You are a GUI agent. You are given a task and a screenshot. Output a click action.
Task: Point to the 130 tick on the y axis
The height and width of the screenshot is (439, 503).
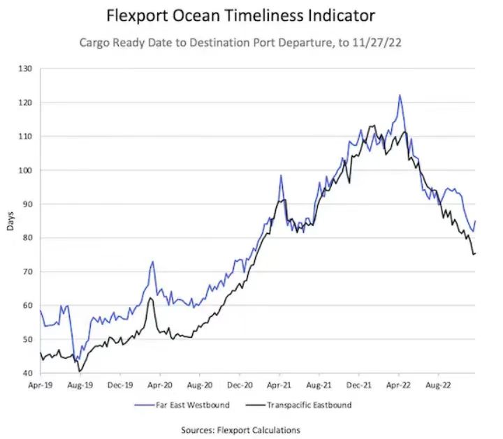pyautogui.click(x=27, y=68)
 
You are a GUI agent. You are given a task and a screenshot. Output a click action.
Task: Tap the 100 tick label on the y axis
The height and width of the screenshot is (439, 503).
pyautogui.click(x=27, y=170)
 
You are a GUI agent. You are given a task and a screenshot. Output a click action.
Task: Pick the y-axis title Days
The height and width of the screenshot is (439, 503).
pyautogui.click(x=10, y=221)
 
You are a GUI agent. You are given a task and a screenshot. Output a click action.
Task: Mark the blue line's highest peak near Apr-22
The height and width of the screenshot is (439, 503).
pyautogui.click(x=400, y=95)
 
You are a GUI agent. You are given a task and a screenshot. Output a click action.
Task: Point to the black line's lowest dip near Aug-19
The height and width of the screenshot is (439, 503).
pyautogui.click(x=80, y=371)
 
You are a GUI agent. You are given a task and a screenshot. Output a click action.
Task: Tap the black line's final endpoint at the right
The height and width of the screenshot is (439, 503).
pyautogui.click(x=475, y=253)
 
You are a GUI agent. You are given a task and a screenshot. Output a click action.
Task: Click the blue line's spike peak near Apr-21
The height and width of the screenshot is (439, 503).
pyautogui.click(x=281, y=176)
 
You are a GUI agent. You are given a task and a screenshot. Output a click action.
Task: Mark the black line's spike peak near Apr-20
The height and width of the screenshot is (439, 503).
pyautogui.click(x=151, y=298)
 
